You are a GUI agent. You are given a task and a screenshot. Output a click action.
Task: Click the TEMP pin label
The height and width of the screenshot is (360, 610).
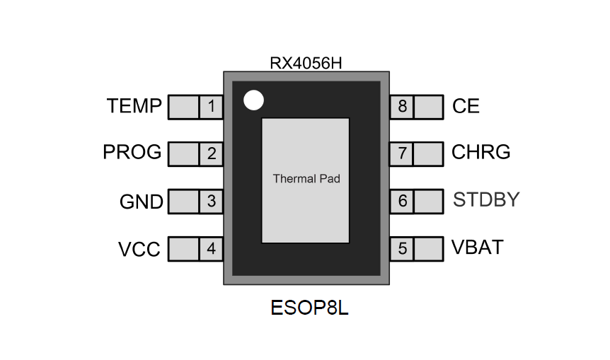[x=134, y=107]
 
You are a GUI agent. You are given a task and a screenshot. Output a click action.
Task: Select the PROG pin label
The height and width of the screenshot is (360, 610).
[x=132, y=153]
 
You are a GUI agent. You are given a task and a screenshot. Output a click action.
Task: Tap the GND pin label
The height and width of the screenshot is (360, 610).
[x=141, y=202]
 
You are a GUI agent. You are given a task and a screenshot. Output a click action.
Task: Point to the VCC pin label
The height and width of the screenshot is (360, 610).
[x=139, y=250]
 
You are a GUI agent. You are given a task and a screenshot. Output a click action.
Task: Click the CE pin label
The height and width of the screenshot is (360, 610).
[x=466, y=107]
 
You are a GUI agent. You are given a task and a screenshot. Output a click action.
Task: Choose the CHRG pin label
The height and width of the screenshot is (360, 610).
[x=480, y=153]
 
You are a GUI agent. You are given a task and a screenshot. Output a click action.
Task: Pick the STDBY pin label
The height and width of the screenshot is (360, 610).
[x=486, y=200]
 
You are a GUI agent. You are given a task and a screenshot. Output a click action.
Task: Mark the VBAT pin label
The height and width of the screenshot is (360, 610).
[x=478, y=248]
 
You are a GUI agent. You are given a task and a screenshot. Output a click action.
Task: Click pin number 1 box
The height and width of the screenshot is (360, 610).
[x=211, y=108]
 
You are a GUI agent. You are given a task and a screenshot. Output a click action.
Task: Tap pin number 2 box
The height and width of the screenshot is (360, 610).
[x=211, y=153]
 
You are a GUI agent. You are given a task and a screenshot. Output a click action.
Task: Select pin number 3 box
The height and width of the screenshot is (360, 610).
[x=211, y=202]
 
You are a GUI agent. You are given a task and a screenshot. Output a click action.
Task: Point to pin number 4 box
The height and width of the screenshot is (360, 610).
[x=211, y=249]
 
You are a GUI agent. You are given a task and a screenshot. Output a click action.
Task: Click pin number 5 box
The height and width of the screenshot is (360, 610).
[x=402, y=249]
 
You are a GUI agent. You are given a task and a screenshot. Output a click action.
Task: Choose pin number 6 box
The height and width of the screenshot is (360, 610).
[x=402, y=202]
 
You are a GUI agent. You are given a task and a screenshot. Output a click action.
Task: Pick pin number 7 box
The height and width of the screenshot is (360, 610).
[x=402, y=153]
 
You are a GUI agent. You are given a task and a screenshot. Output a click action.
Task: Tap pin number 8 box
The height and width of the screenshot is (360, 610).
[x=402, y=108]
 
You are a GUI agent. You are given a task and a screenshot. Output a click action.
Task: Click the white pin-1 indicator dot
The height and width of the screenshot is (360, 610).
[x=253, y=100]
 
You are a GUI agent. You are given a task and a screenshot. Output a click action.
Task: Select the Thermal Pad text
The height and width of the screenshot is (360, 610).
[x=306, y=179]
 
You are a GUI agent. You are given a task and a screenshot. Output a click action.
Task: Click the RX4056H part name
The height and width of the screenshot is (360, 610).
[x=306, y=62]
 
